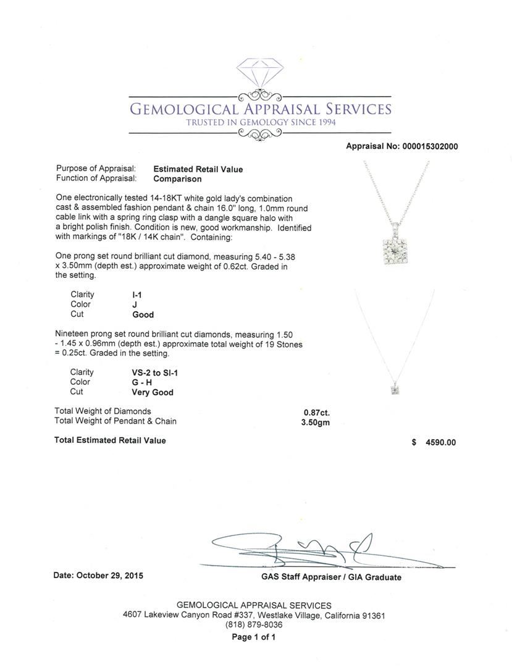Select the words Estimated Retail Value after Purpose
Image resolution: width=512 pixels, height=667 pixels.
coord(198,169)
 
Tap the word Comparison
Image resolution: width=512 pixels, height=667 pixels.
coord(177,179)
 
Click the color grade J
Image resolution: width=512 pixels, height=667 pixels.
coord(125,304)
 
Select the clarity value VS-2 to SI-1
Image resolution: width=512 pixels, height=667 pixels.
coord(151,372)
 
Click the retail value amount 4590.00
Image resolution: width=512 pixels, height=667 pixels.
coord(439,442)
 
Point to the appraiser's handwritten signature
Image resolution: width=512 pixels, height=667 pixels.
coord(296,548)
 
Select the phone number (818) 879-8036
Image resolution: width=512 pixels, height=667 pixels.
coord(254,625)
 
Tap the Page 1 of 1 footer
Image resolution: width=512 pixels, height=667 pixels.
coord(254,637)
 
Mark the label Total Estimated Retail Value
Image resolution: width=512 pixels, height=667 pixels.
coord(110,440)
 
